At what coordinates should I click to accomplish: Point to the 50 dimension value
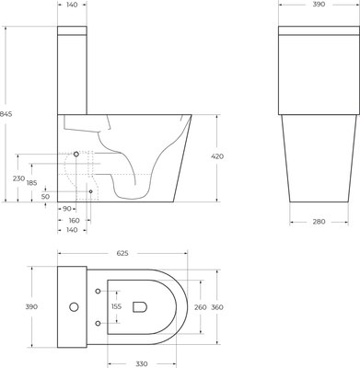point(45,196)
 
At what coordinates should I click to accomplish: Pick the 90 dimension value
point(67,210)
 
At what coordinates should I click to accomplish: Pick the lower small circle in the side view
point(90,191)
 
